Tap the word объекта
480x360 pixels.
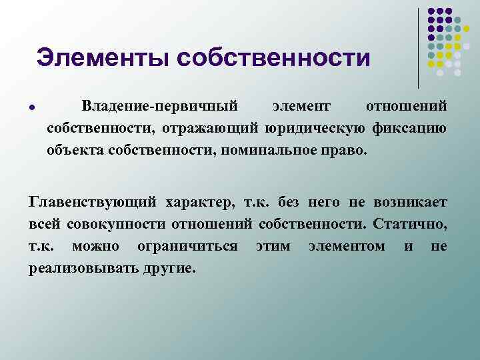tap(73, 149)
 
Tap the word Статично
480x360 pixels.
tap(410, 223)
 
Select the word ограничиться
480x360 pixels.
tap(187, 246)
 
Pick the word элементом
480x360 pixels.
tap(347, 246)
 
